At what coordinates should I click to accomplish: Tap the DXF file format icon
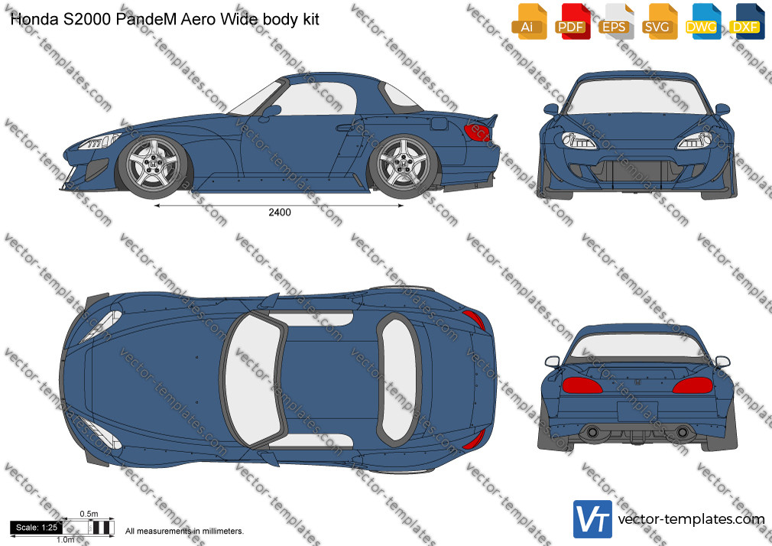click(747, 21)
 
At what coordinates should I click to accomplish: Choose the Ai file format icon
click(529, 21)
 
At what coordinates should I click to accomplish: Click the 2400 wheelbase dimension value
click(279, 213)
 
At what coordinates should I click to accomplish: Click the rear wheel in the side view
click(404, 165)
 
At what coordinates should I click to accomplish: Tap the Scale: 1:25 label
click(37, 528)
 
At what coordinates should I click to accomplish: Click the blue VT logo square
click(592, 519)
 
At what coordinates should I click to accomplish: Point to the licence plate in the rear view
click(637, 411)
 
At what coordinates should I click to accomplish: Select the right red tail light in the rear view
click(693, 385)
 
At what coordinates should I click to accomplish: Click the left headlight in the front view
click(579, 141)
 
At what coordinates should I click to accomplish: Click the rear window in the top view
click(399, 379)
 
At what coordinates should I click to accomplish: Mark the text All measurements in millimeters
click(185, 531)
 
